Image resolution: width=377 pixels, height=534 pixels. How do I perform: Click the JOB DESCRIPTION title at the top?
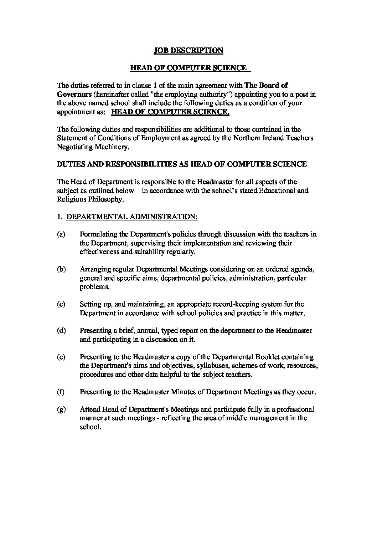[188, 50]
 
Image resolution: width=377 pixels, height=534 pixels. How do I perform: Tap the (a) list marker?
[61, 234]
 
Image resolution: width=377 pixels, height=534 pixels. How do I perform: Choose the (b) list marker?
[61, 269]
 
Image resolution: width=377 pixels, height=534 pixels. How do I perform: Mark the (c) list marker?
[61, 304]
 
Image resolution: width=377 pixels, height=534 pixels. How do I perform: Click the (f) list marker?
[61, 392]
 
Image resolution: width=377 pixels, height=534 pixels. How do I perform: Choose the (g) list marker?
[61, 409]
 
